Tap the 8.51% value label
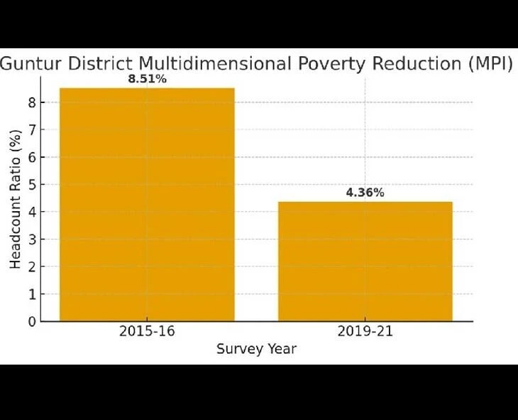click(x=147, y=79)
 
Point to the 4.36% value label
click(x=365, y=193)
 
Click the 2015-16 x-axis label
click(x=147, y=332)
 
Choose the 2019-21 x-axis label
click(x=365, y=332)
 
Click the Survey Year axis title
click(x=256, y=349)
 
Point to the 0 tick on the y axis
click(x=31, y=321)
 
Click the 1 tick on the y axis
click(x=31, y=294)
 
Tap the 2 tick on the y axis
click(x=31, y=266)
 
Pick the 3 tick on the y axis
click(x=31, y=239)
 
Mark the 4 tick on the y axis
click(x=31, y=212)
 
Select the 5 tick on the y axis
click(x=31, y=185)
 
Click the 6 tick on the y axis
click(x=31, y=157)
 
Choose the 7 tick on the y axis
click(x=31, y=130)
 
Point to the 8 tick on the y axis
click(x=31, y=102)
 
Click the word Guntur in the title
click(x=31, y=63)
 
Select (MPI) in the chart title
click(x=490, y=63)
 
